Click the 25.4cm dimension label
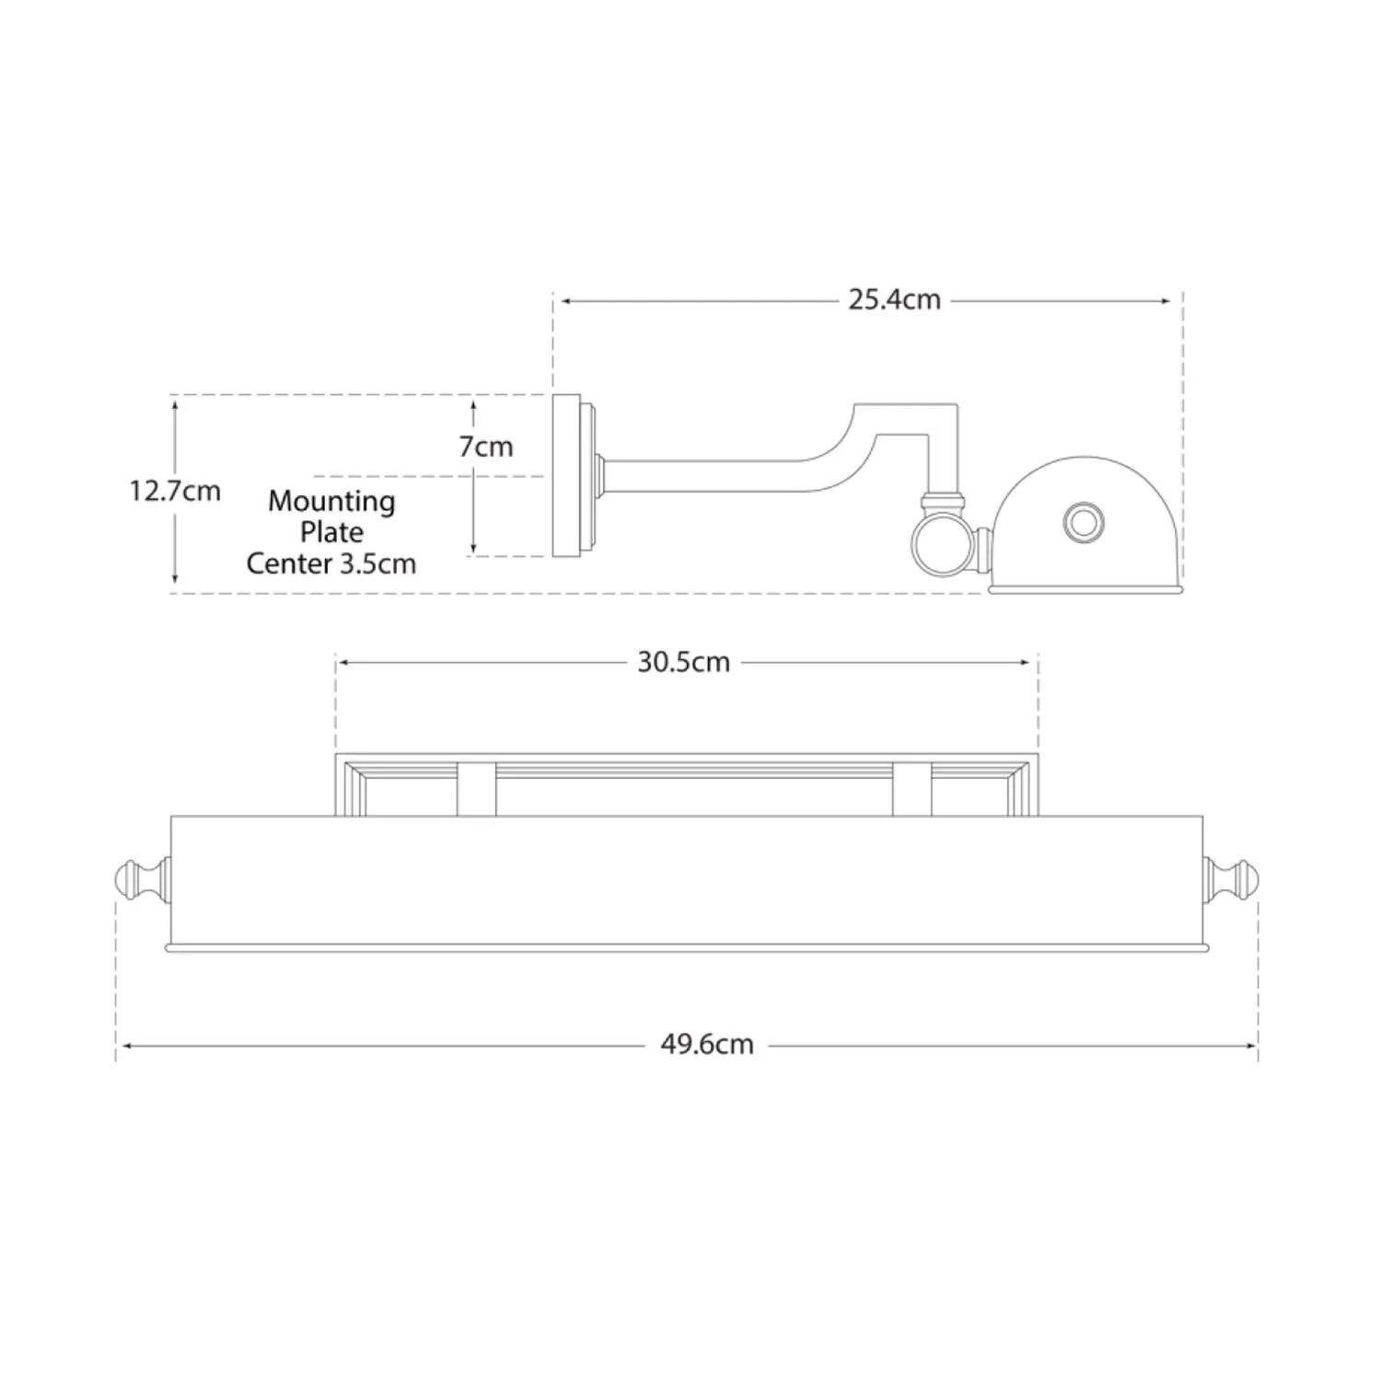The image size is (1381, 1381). click(x=894, y=300)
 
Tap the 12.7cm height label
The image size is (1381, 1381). click(x=175, y=491)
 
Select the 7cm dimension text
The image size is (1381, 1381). click(x=486, y=447)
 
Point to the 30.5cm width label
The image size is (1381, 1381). click(x=683, y=662)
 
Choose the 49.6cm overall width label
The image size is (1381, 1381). click(x=707, y=1045)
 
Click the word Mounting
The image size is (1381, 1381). click(x=331, y=502)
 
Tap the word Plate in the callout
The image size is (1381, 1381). click(x=331, y=532)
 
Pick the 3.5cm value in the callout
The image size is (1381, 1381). click(x=378, y=563)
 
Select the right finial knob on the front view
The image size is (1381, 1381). click(x=1231, y=881)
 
